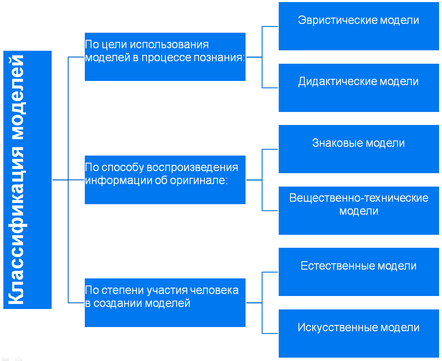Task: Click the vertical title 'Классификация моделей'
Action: pyautogui.click(x=16, y=179)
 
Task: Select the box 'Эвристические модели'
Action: pyautogui.click(x=358, y=26)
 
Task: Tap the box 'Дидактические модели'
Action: pyautogui.click(x=358, y=88)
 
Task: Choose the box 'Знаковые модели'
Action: pyautogui.click(x=358, y=149)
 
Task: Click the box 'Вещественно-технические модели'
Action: pyautogui.click(x=358, y=210)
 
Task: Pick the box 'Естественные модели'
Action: pyautogui.click(x=358, y=272)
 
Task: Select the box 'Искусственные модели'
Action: pyautogui.click(x=358, y=333)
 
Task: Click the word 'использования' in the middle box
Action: pyautogui.click(x=169, y=44)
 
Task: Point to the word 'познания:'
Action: pyautogui.click(x=220, y=57)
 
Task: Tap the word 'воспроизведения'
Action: pyautogui.click(x=192, y=168)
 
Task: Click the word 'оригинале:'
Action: pyautogui.click(x=199, y=180)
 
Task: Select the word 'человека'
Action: pyautogui.click(x=214, y=290)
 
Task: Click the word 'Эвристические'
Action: pyautogui.click(x=337, y=20)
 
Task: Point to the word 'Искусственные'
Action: pyautogui.click(x=337, y=327)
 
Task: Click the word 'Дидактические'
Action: pyautogui.click(x=337, y=82)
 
